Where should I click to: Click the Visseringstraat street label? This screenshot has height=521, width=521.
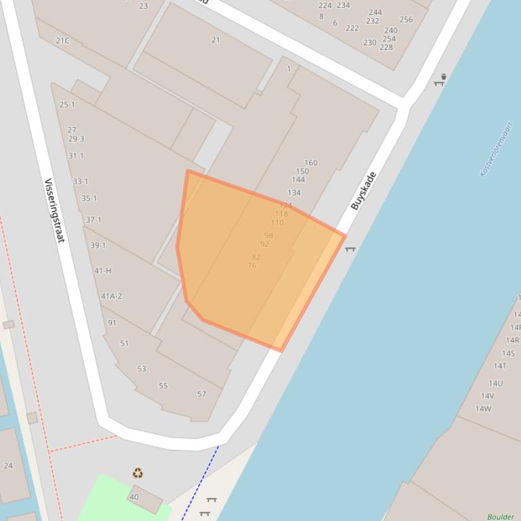(54, 210)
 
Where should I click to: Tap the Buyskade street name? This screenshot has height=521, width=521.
(363, 191)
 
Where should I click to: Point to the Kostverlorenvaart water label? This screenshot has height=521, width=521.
(497, 149)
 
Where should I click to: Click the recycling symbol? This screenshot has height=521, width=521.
(138, 473)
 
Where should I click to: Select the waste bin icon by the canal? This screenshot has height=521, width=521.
(440, 80)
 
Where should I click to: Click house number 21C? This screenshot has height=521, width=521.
(62, 41)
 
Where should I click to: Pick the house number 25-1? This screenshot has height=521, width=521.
(67, 105)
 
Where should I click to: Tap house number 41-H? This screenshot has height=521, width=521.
(103, 271)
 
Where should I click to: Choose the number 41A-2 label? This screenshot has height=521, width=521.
(111, 296)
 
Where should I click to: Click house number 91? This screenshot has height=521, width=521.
(112, 323)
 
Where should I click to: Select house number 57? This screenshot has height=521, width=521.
(201, 394)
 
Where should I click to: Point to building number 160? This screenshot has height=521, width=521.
(310, 162)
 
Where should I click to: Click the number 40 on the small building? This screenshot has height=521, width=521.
(133, 497)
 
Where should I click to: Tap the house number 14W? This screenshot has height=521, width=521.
(483, 409)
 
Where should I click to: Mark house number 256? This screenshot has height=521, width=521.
(406, 19)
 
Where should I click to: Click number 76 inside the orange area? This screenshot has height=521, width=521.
(252, 266)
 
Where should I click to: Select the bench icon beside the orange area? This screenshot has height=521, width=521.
(350, 250)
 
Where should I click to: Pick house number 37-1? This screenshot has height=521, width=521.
(93, 220)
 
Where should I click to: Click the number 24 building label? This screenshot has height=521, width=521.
(8, 466)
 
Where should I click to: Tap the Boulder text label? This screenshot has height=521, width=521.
(501, 517)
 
